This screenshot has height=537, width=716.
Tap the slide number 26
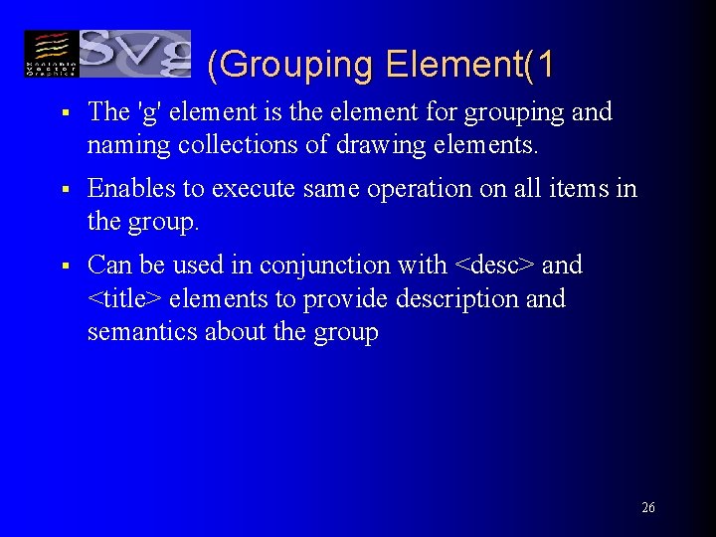(x=648, y=508)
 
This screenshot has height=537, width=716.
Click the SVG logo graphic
(x=135, y=54)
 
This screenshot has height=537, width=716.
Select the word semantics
(x=142, y=331)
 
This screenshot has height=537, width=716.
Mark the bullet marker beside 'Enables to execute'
(x=63, y=189)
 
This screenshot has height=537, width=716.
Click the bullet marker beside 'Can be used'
(x=63, y=267)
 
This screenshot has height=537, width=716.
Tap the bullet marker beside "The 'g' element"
(x=63, y=112)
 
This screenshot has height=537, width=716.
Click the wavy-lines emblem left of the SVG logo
(x=50, y=54)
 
